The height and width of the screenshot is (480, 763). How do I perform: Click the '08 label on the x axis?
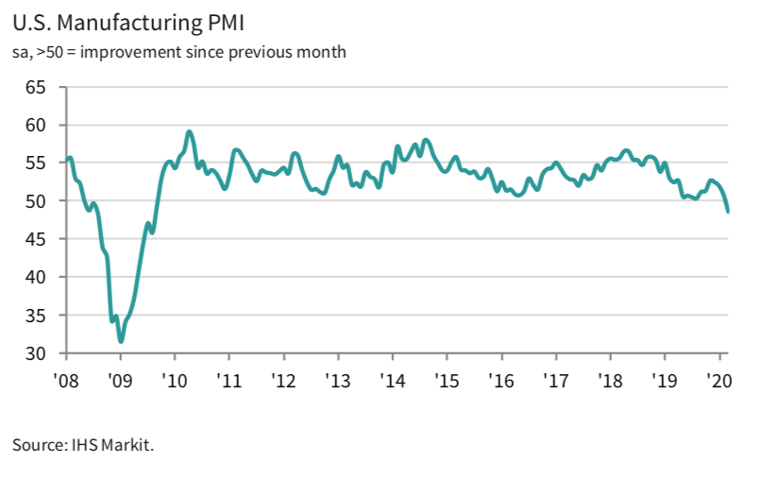(x=67, y=381)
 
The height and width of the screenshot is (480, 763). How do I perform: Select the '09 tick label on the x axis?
(x=121, y=381)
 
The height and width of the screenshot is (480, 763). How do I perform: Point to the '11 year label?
(x=229, y=381)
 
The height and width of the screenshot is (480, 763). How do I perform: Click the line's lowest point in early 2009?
(x=121, y=340)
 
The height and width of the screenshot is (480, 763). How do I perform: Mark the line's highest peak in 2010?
(x=190, y=132)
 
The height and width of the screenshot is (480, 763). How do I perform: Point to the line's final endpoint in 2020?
(x=727, y=212)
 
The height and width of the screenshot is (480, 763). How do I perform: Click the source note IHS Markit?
(x=83, y=444)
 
